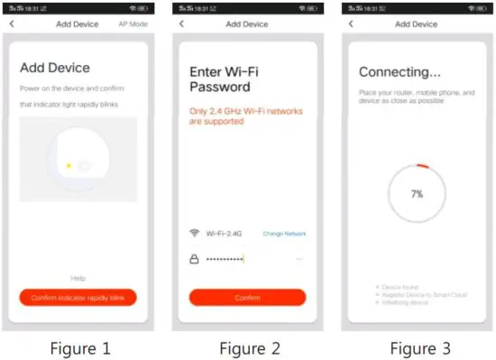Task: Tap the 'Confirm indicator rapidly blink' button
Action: pyautogui.click(x=78, y=297)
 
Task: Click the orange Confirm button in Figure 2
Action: pyautogui.click(x=247, y=297)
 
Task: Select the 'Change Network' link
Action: pyautogui.click(x=284, y=234)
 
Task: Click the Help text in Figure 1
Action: pyautogui.click(x=78, y=278)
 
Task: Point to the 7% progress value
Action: pyautogui.click(x=417, y=193)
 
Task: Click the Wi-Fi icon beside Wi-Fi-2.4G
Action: pyautogui.click(x=194, y=233)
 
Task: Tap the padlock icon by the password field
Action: pyautogui.click(x=194, y=258)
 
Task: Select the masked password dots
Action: pyautogui.click(x=225, y=259)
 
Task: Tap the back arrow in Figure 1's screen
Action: pyautogui.click(x=12, y=23)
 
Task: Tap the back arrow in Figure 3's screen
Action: pyautogui.click(x=351, y=23)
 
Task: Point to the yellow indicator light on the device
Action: pyautogui.click(x=68, y=164)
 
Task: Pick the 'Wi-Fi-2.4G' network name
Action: pyautogui.click(x=225, y=233)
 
